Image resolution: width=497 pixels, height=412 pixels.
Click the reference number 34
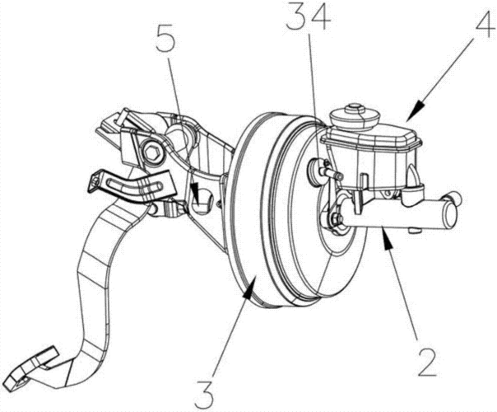pos(309,18)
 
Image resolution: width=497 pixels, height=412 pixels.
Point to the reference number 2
pos(427,363)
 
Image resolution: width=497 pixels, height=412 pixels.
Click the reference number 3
pos(204,394)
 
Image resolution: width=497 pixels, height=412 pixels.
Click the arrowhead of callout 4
pos(415,110)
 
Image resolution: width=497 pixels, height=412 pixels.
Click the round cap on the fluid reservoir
pos(355,117)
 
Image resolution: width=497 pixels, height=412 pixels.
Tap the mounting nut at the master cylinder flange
pos(336,218)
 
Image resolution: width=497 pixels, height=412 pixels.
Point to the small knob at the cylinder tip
pos(457,197)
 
